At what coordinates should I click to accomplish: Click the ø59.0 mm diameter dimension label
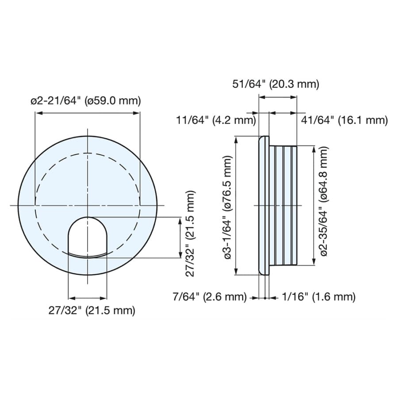86,101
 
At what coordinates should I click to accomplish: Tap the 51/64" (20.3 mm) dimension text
276,84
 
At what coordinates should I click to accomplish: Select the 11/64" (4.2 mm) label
216,120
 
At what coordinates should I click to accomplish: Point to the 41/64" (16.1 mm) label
344,120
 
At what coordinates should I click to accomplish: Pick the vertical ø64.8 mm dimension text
324,201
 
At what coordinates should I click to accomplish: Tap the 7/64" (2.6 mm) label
210,297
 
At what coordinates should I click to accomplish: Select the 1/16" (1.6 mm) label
318,297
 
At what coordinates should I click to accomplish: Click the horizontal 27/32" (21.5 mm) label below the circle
92,310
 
